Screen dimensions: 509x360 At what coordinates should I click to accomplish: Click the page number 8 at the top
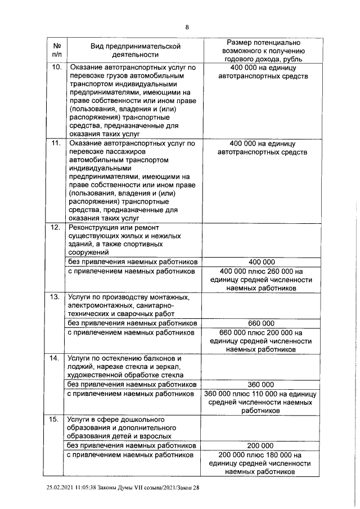[x=187, y=27]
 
